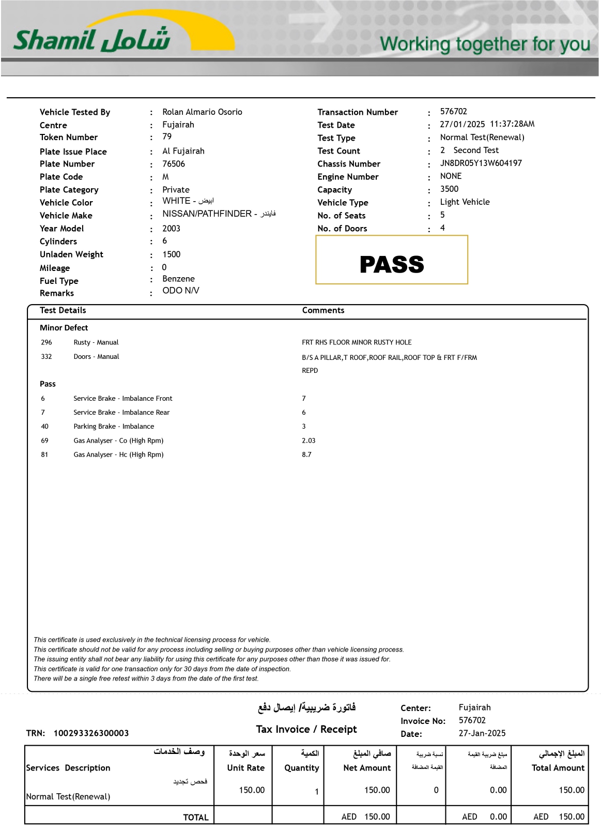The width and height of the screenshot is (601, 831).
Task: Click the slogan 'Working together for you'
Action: tap(485, 44)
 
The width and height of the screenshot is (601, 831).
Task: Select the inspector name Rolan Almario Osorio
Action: tap(202, 112)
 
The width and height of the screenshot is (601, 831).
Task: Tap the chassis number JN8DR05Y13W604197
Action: tap(481, 163)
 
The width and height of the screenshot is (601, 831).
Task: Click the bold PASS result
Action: tap(392, 265)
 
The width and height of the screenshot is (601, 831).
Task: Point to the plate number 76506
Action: tap(174, 164)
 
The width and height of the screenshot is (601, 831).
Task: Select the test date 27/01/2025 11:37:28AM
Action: tap(487, 124)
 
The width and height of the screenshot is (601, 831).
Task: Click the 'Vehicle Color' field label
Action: tap(66, 203)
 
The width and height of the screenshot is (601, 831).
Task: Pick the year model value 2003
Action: tap(171, 229)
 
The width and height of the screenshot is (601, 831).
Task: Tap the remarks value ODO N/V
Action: tap(180, 291)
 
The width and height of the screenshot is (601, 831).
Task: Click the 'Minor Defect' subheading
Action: tap(64, 328)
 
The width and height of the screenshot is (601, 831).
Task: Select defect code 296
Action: tap(47, 342)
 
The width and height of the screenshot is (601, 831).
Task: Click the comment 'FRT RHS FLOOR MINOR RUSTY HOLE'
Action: tap(357, 342)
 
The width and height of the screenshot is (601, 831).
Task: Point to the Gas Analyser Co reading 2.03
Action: tap(309, 441)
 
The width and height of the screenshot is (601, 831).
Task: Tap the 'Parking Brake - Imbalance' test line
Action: tap(114, 427)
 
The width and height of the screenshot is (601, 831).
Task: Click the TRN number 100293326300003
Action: tap(91, 733)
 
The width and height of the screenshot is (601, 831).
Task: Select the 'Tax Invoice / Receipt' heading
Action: tap(306, 730)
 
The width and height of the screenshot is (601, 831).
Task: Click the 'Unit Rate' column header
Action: tap(245, 768)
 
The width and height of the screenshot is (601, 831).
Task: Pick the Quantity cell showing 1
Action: tap(316, 792)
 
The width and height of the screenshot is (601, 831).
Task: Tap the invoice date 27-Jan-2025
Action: tap(482, 733)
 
